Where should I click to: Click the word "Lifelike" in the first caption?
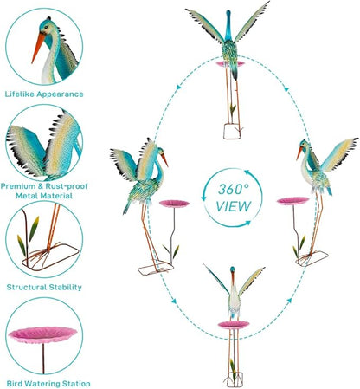pos(19,94)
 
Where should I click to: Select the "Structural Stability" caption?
pos(44,287)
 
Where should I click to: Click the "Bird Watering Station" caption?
pos(48,384)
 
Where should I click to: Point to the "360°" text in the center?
pos(234,190)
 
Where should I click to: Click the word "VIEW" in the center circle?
pos(234,206)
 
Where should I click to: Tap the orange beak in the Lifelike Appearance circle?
pos(38,48)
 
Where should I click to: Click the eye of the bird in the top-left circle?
pos(46,28)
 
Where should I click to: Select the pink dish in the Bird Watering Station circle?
pos(42,335)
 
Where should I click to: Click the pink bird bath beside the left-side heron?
pos(174,204)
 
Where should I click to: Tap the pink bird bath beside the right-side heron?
pos(292,201)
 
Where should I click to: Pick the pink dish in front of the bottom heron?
pos(234,325)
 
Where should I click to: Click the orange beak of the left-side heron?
pos(164,159)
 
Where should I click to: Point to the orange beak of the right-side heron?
pos(299,152)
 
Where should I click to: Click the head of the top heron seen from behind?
pos(228,14)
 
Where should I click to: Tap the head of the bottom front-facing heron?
pos(232,269)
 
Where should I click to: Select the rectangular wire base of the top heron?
pos(232,132)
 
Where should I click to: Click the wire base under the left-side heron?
pos(156,269)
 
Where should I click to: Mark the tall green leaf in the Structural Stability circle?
pos(34,229)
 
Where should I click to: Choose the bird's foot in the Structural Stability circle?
pos(43,254)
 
